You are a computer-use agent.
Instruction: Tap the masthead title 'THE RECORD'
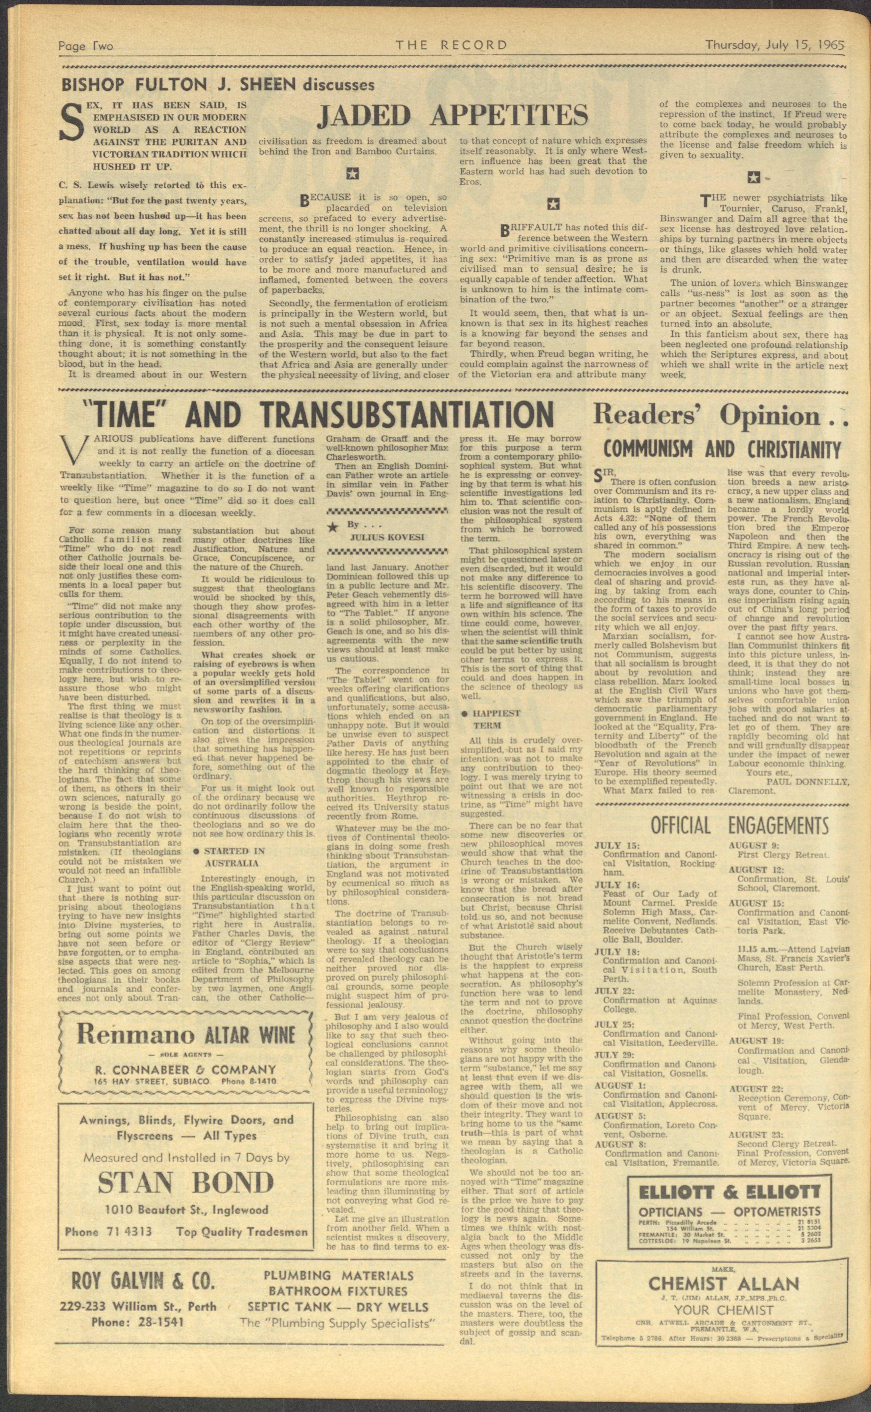coord(451,45)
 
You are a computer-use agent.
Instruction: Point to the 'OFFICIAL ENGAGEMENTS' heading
coord(740,825)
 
